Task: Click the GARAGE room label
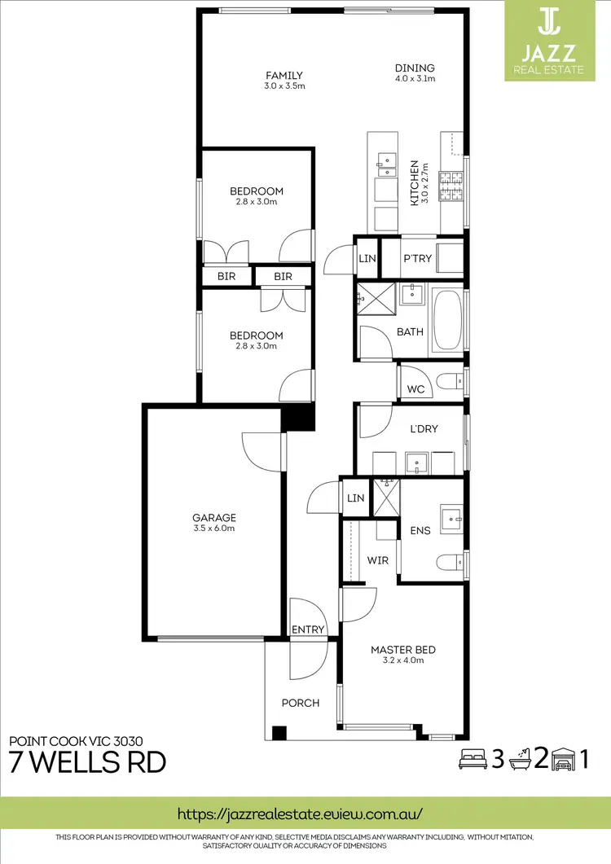point(214,517)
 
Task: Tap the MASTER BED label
point(402,650)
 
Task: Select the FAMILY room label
point(284,76)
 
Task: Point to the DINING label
point(415,68)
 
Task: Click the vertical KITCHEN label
point(414,182)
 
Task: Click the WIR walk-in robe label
point(377,561)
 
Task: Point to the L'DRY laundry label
point(424,428)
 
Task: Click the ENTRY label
point(308,629)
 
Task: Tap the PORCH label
point(300,703)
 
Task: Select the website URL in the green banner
point(300,814)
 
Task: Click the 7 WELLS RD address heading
point(87,762)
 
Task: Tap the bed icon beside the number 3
point(473,759)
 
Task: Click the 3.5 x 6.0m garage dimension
point(214,528)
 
